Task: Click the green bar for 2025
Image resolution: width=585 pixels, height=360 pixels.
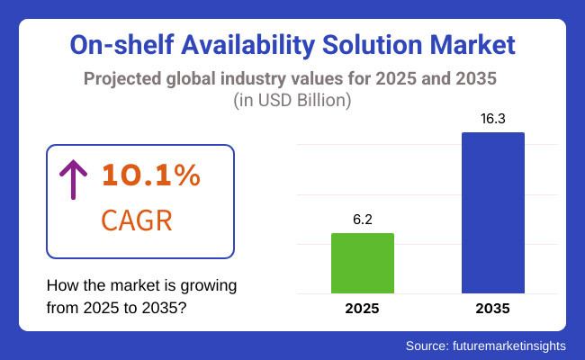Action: click(363, 263)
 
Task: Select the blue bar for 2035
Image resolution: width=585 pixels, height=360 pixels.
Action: click(493, 212)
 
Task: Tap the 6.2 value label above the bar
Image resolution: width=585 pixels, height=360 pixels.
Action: click(363, 219)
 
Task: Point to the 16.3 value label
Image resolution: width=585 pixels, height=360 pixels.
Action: click(493, 118)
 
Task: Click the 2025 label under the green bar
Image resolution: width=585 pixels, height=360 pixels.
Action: click(363, 309)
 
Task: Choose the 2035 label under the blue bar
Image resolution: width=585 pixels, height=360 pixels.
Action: click(493, 309)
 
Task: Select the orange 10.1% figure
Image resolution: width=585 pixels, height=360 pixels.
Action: click(150, 176)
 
